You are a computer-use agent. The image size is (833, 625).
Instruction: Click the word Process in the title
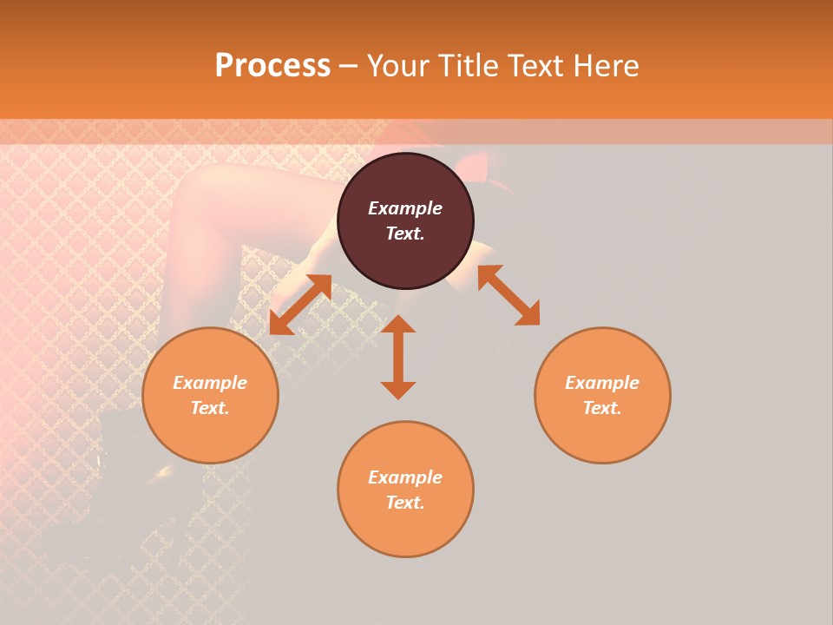[272, 66]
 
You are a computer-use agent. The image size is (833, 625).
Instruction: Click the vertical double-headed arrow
[398, 357]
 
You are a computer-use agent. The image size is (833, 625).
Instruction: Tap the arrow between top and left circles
[300, 304]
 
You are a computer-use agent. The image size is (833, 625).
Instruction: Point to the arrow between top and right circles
[508, 295]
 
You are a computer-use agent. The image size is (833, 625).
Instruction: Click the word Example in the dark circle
[405, 208]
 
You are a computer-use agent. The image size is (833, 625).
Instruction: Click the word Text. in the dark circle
[405, 234]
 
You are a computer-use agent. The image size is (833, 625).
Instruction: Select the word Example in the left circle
[210, 383]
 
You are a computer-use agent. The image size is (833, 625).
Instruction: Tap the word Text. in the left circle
[210, 408]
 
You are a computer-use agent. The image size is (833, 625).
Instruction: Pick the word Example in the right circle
[602, 383]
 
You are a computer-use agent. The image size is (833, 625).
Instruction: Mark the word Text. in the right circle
[602, 408]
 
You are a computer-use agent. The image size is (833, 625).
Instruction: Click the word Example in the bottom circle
[405, 477]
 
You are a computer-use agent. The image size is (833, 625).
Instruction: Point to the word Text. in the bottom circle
[405, 503]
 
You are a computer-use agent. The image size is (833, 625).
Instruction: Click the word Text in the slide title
[535, 66]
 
